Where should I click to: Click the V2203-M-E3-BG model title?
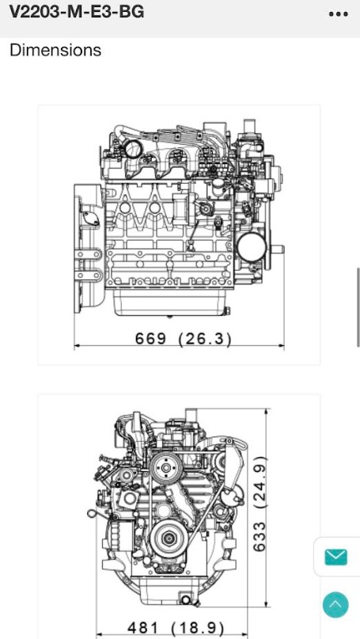coord(77,12)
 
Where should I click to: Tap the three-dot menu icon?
coord(339,13)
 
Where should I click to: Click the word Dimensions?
coord(55,50)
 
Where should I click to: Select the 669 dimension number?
coord(150,338)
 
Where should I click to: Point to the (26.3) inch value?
coord(205,339)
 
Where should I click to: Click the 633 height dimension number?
coord(260,537)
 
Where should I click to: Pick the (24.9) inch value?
coord(260,482)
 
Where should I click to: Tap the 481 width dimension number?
coord(142,628)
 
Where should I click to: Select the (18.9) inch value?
coord(198,628)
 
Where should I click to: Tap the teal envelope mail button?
coord(336,557)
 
